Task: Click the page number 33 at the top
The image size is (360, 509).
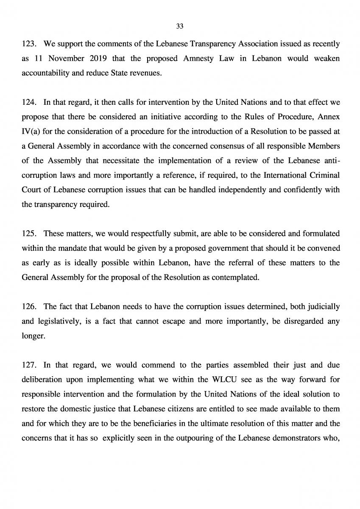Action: pyautogui.click(x=179, y=26)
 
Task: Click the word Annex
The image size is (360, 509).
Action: pyautogui.click(x=329, y=116)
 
